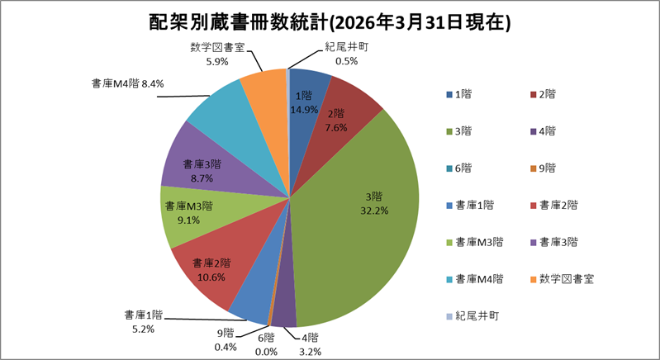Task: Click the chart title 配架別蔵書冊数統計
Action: [x=330, y=22]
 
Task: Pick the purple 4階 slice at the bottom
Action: [x=283, y=312]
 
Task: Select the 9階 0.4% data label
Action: [x=225, y=340]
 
